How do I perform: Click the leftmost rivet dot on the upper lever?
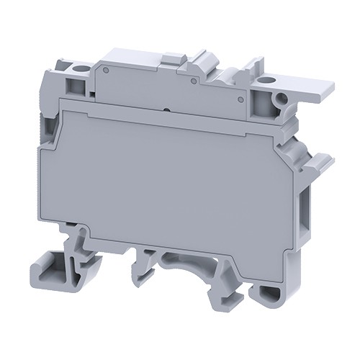105,71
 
